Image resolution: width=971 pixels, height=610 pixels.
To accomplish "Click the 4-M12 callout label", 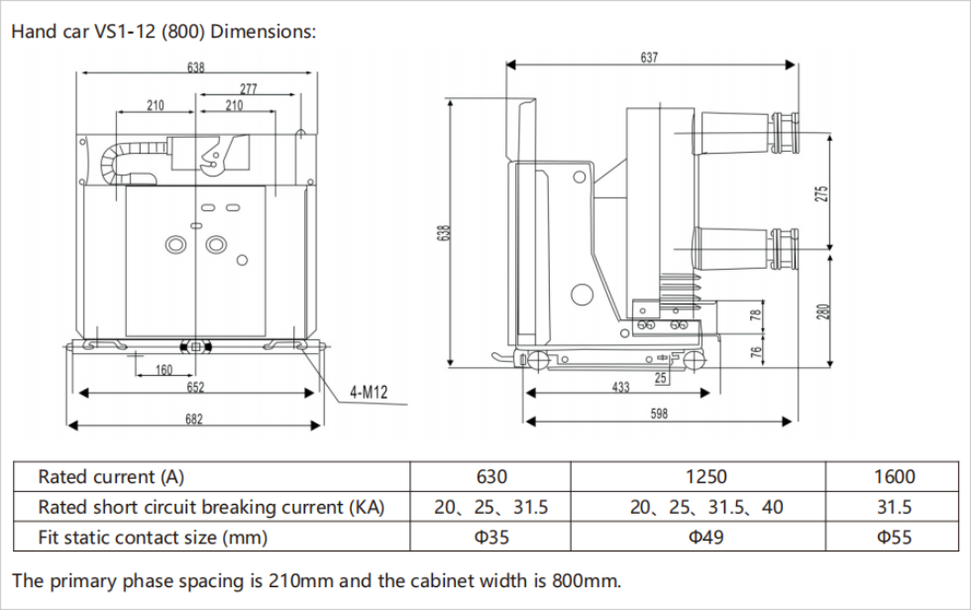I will [x=368, y=393].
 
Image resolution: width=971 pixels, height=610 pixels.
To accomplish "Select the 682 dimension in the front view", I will [x=194, y=419].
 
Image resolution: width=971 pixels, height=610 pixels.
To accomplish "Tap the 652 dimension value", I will [x=195, y=388].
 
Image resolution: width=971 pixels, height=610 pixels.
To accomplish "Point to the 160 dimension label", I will [x=163, y=370].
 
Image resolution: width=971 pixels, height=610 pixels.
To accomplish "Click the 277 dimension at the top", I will [x=249, y=89].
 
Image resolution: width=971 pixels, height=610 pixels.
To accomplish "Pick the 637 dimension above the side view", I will [x=649, y=59].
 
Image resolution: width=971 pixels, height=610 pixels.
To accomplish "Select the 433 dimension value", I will [x=620, y=388].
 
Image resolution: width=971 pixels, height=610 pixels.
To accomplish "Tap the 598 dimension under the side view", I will [x=659, y=415].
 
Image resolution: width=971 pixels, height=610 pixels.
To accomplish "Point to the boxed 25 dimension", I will [x=660, y=377].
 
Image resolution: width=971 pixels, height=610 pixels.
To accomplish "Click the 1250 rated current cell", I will [x=706, y=477].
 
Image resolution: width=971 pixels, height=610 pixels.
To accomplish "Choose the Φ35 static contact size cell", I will [x=490, y=538].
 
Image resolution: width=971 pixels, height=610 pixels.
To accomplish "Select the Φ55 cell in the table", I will [x=894, y=538].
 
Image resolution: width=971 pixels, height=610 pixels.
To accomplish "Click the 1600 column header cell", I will [x=894, y=477].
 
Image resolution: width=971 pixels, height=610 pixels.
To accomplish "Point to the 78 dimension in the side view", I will [x=756, y=315].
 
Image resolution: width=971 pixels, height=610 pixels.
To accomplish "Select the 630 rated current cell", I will [x=490, y=477].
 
